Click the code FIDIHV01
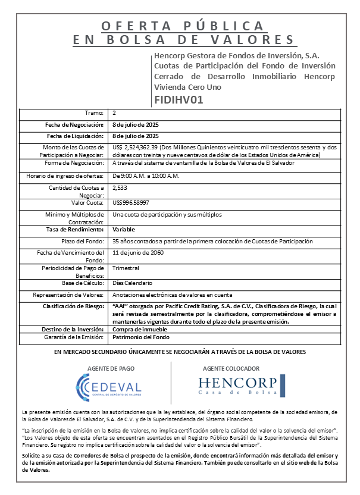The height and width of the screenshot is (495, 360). pyautogui.click(x=179, y=99)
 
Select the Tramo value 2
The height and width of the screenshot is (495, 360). pyautogui.click(x=114, y=113)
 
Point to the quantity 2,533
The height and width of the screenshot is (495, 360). pyautogui.click(x=120, y=187)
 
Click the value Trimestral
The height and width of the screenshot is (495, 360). pyautogui.click(x=126, y=268)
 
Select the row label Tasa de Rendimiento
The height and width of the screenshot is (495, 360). pyautogui.click(x=74, y=228)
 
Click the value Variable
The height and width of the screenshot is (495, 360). pyautogui.click(x=124, y=228)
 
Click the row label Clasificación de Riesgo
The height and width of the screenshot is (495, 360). pyautogui.click(x=74, y=306)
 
